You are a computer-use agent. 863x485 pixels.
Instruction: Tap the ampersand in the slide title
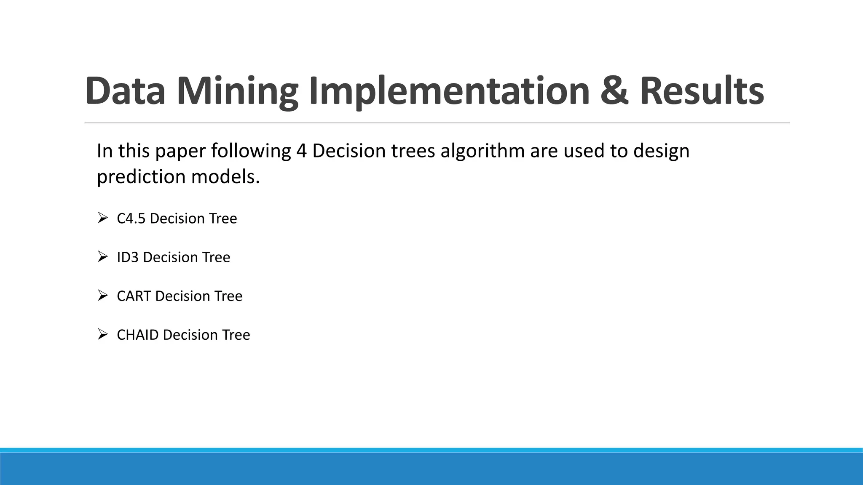[614, 91]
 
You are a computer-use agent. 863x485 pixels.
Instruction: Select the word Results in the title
[702, 91]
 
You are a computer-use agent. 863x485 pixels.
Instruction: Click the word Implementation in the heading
[449, 91]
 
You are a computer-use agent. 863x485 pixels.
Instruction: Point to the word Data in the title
[125, 91]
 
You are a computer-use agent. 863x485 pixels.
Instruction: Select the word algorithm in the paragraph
[482, 151]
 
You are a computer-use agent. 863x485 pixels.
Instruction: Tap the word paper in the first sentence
[180, 151]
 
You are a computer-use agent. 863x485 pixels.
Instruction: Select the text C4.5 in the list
[131, 219]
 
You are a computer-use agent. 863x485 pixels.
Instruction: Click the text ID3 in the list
[128, 257]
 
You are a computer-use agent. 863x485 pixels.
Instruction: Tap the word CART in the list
[134, 296]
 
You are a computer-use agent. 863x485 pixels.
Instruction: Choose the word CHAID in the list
[137, 335]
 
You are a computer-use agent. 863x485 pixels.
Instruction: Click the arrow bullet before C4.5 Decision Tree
[102, 218]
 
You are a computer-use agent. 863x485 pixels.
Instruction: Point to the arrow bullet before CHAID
[102, 334]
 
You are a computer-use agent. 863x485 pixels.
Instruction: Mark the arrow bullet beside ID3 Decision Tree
[102, 256]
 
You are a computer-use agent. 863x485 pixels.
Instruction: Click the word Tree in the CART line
[228, 296]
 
